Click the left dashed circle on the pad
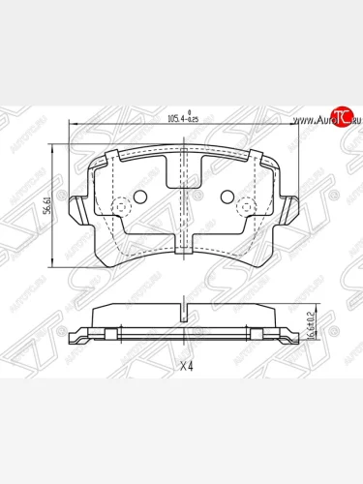pyautogui.click(x=122, y=207)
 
